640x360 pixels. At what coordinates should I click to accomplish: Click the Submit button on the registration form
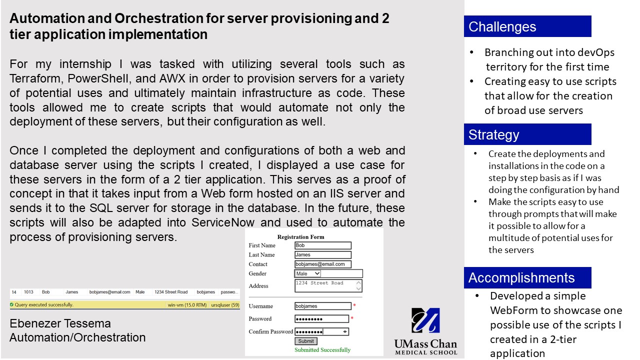(x=306, y=341)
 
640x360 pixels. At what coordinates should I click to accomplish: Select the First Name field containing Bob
(x=323, y=245)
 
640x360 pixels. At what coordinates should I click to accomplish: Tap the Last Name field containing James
(x=323, y=255)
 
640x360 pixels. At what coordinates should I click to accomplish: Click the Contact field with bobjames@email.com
(x=323, y=264)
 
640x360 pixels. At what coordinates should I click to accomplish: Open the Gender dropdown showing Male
(x=308, y=273)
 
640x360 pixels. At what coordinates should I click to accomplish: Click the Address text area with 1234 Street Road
(x=328, y=285)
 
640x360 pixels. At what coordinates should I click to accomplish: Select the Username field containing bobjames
(x=323, y=306)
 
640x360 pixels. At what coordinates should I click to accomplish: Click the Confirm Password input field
(x=321, y=331)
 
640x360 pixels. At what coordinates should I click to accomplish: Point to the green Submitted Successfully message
(x=322, y=350)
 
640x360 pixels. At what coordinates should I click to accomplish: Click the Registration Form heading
(x=300, y=237)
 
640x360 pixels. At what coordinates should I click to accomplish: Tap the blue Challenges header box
(x=527, y=26)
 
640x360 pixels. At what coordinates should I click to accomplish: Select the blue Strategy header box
(x=527, y=134)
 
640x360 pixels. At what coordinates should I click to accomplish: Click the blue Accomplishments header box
(x=527, y=277)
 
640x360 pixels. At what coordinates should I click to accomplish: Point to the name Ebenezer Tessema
(x=60, y=323)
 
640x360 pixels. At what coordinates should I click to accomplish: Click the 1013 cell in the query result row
(x=28, y=292)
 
